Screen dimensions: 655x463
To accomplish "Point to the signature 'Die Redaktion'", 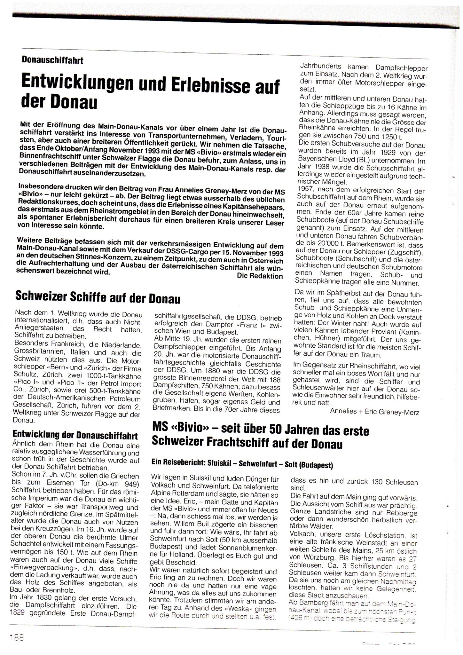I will click(260, 276).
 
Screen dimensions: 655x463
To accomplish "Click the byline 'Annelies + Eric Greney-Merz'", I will click(374, 412).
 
